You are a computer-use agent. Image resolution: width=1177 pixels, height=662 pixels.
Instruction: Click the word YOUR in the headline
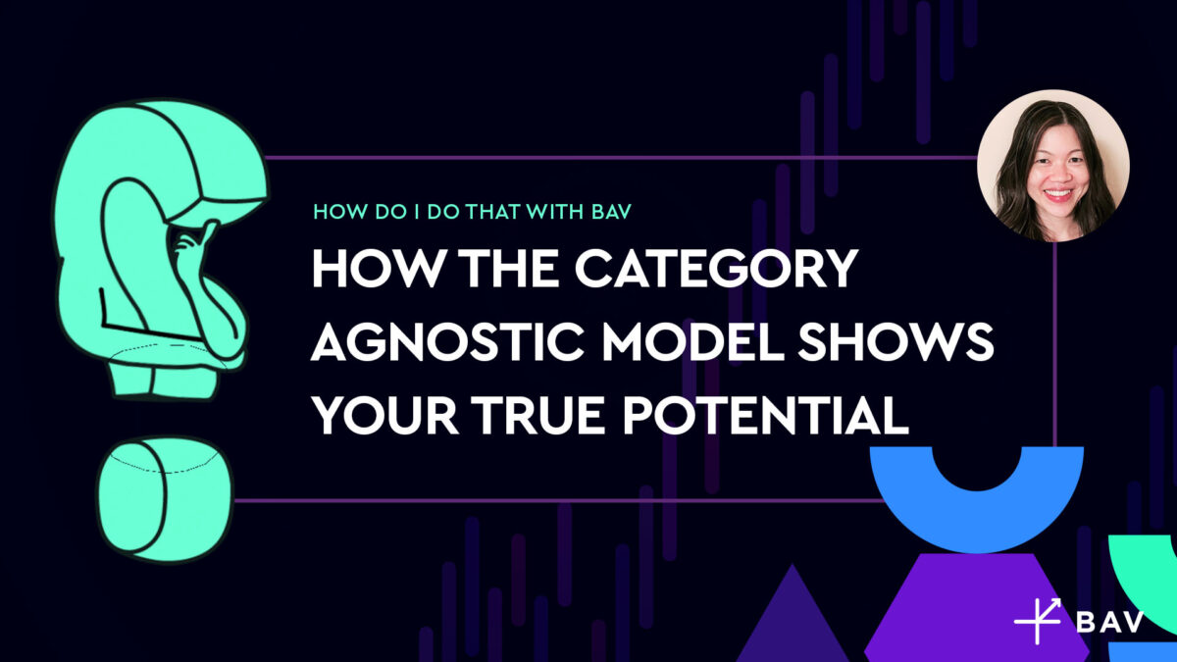(x=387, y=417)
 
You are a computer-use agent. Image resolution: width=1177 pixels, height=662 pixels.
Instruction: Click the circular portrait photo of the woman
(x=1053, y=165)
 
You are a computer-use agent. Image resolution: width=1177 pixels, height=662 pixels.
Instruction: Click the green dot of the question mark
(x=165, y=498)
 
